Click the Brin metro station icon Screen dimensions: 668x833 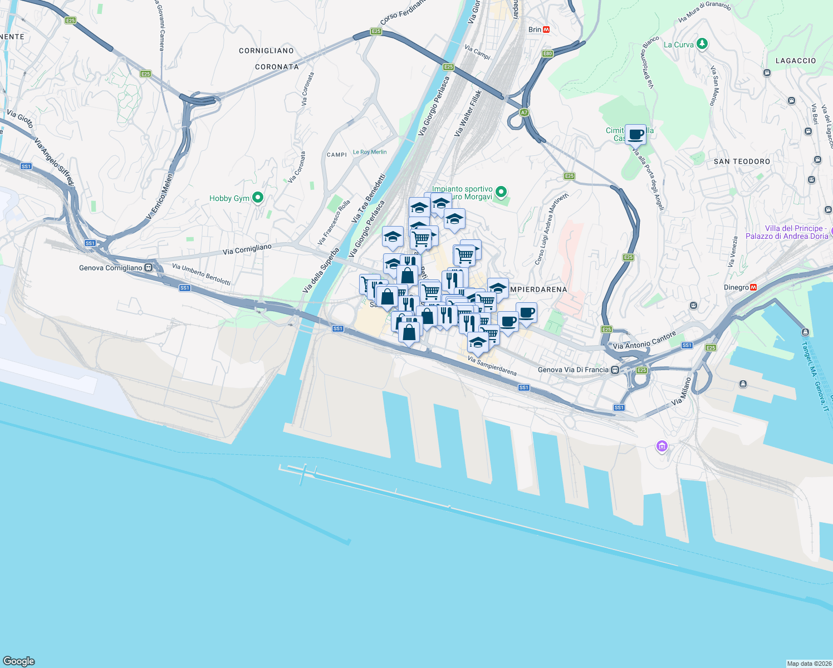(546, 30)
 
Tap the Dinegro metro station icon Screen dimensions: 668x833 (753, 287)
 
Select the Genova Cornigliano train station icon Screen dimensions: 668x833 (148, 268)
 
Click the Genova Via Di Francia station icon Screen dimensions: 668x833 (615, 370)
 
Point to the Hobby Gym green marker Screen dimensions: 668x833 (257, 198)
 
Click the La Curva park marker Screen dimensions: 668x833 (702, 44)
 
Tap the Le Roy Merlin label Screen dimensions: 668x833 (370, 152)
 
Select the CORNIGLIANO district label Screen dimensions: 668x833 (266, 51)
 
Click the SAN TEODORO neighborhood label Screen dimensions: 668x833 (742, 161)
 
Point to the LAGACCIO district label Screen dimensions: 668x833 (796, 61)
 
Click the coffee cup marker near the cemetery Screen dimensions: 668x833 (635, 134)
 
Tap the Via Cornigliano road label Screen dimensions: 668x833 (247, 249)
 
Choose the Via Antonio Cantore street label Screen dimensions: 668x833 (644, 340)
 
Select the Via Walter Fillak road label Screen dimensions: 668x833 (468, 114)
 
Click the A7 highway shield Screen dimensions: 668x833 (524, 112)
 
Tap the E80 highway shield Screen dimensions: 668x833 (547, 53)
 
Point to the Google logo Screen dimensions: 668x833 (19, 661)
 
